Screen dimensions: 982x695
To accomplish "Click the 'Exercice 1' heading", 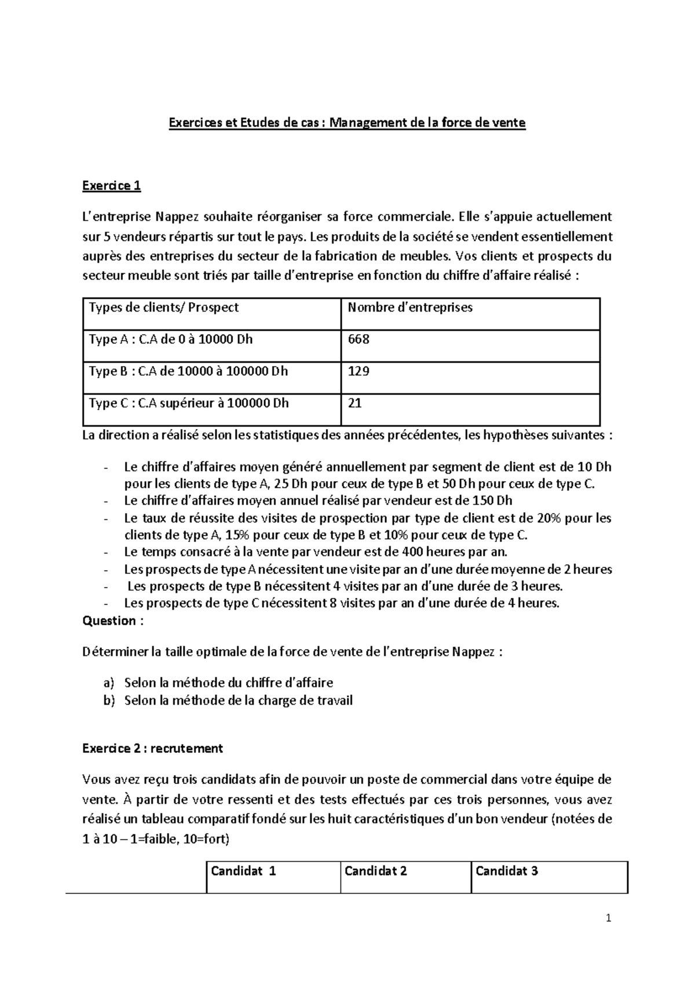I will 111,186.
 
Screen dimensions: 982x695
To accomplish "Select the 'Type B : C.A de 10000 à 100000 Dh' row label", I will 188,371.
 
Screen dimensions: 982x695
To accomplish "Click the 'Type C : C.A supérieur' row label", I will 188,403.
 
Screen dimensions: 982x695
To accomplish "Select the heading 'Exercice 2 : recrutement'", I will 152,748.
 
